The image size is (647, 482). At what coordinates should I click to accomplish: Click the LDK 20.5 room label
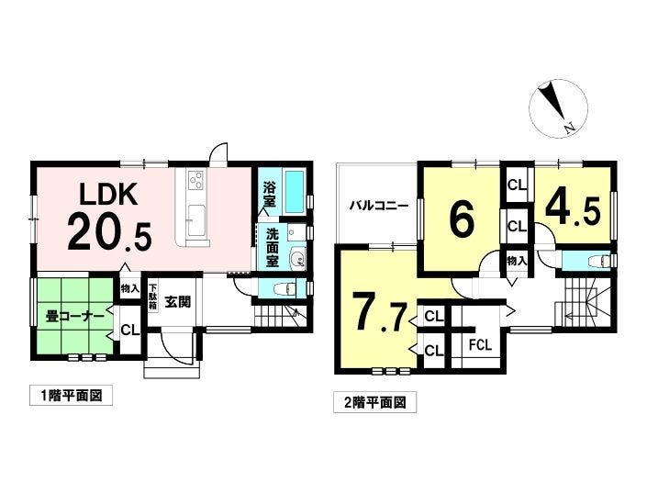coord(109,217)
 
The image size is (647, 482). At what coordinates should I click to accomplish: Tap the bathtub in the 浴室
coord(295,192)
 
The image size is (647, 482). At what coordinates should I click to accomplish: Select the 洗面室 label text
coord(273,248)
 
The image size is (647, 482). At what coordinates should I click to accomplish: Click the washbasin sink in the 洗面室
coord(297,259)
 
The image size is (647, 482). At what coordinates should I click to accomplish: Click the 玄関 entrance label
coord(178,302)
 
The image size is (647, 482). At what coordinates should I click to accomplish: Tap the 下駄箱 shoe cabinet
coord(152,297)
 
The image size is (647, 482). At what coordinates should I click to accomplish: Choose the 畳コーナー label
coord(74,318)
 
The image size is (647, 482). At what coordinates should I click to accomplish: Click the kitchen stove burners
coord(195,179)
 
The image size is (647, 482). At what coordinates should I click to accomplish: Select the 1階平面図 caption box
coord(71,396)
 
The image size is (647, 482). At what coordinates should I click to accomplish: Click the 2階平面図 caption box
coord(374,401)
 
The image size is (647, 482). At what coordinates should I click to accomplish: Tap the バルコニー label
coord(379,205)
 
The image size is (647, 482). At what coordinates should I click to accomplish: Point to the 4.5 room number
coord(573,208)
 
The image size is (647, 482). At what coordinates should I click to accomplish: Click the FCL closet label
coord(480,345)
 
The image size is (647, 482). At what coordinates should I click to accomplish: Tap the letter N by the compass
coord(570,129)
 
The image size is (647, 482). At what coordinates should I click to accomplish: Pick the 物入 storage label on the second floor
coord(517,261)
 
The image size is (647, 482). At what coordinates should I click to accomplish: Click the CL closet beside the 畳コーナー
coord(130,331)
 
